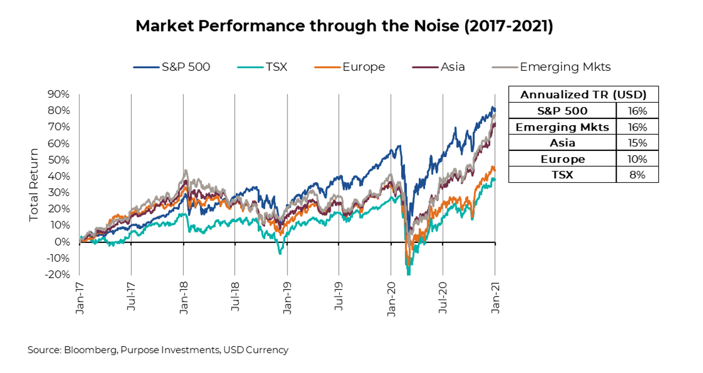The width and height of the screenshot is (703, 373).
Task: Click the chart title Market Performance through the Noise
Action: pyautogui.click(x=344, y=26)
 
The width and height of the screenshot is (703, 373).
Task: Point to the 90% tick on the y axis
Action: pyautogui.click(x=59, y=94)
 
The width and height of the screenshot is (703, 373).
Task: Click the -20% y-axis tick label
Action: pyautogui.click(x=58, y=274)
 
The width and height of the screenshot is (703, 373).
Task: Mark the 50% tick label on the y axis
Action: pyautogui.click(x=59, y=160)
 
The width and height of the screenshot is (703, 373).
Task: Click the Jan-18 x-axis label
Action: pyautogui.click(x=183, y=298)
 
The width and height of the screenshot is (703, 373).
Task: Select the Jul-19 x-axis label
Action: pyautogui.click(x=339, y=298)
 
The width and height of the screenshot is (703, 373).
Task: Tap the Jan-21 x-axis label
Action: pyautogui.click(x=495, y=298)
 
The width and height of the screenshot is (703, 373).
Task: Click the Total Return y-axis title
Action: pyautogui.click(x=34, y=185)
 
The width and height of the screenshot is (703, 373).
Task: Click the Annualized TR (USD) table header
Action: pyautogui.click(x=583, y=94)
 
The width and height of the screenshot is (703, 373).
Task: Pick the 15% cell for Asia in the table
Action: pyautogui.click(x=637, y=143)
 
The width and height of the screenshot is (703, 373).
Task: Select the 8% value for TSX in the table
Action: pyautogui.click(x=637, y=174)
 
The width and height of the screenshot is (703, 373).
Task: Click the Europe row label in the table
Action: pyautogui.click(x=562, y=159)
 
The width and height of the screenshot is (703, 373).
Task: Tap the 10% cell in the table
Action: pyautogui.click(x=637, y=159)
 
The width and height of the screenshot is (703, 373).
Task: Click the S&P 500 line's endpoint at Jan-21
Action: pyautogui.click(x=495, y=110)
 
